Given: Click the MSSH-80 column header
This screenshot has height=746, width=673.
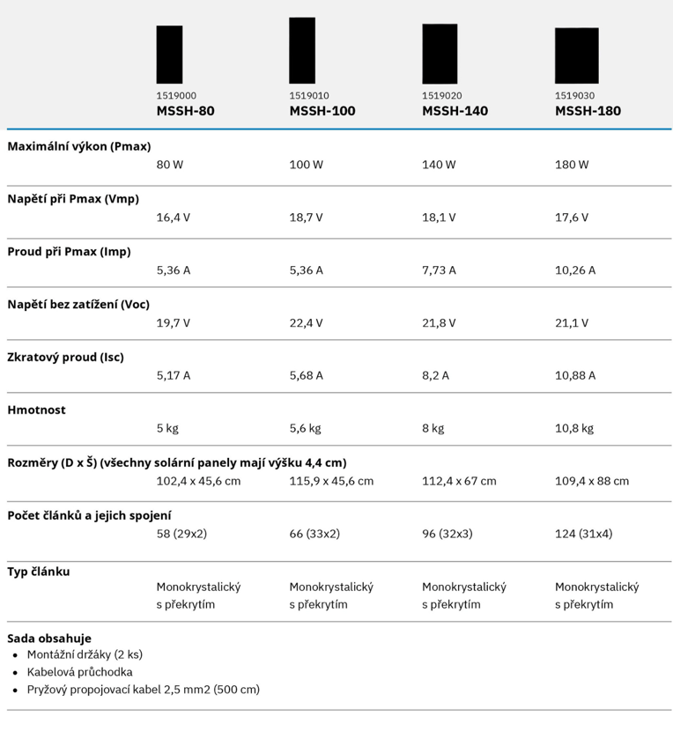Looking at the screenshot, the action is tap(185, 111).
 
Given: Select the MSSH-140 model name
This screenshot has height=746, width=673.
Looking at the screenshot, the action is tap(455, 111).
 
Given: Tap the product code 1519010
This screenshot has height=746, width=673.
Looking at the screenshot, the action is tap(309, 96).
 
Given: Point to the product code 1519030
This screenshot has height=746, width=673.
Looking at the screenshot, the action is tap(574, 96).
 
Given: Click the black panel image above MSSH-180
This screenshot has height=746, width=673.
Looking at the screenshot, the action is tap(576, 55).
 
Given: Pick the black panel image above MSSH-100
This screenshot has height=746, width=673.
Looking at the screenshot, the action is tap(302, 50).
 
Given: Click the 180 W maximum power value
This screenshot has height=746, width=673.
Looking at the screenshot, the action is tap(572, 165).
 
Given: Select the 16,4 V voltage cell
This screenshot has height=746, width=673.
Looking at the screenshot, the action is tap(174, 218).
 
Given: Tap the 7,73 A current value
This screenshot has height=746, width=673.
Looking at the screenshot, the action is tap(439, 270).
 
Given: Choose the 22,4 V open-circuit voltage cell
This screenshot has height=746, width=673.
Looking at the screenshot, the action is tap(306, 323).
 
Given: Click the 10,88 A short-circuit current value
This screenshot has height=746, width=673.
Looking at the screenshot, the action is tap(575, 375).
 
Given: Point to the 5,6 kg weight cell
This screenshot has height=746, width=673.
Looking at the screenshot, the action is tap(305, 428).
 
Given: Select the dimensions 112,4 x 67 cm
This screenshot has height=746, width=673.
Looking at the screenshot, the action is tap(459, 481).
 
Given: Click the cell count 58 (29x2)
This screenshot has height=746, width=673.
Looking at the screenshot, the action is tap(181, 534).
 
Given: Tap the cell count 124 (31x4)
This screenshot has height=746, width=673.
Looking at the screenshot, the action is tap(583, 534).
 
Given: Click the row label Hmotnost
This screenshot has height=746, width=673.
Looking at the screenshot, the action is tap(37, 410).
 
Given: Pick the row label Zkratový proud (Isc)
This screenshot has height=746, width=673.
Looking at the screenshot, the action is tap(66, 358).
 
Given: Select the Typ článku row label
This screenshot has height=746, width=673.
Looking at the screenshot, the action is tap(39, 572).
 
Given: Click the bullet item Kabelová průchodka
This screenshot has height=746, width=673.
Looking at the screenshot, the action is tap(79, 672).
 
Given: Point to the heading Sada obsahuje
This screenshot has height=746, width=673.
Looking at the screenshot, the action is tap(49, 638).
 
